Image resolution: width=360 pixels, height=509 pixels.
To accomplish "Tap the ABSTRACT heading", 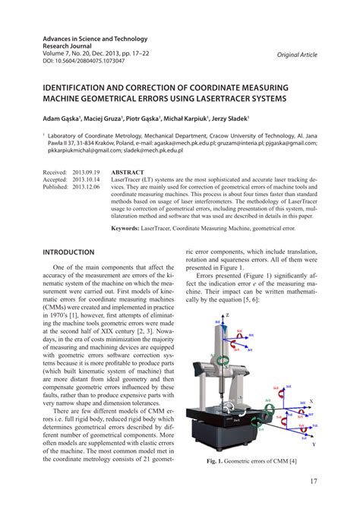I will pos(128,172).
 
